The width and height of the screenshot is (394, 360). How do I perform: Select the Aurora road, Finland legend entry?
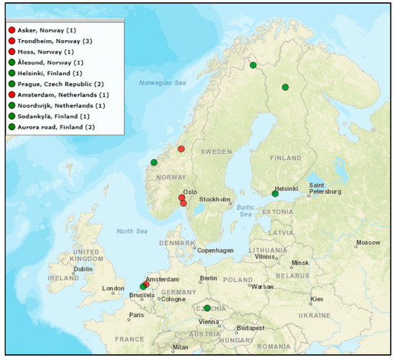54,127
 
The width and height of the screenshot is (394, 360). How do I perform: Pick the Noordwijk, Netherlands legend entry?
60,105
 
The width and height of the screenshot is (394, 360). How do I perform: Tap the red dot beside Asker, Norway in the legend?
11,31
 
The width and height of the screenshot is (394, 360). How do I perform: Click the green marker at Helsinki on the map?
275,193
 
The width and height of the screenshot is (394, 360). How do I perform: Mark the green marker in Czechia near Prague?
207,308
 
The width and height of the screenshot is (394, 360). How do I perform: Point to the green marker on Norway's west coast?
153,162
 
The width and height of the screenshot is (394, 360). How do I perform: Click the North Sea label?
130,230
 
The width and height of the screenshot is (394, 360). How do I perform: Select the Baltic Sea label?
246,210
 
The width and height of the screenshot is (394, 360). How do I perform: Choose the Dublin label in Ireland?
82,269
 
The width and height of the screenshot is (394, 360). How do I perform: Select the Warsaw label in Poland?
262,287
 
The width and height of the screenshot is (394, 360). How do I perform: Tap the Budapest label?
251,328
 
